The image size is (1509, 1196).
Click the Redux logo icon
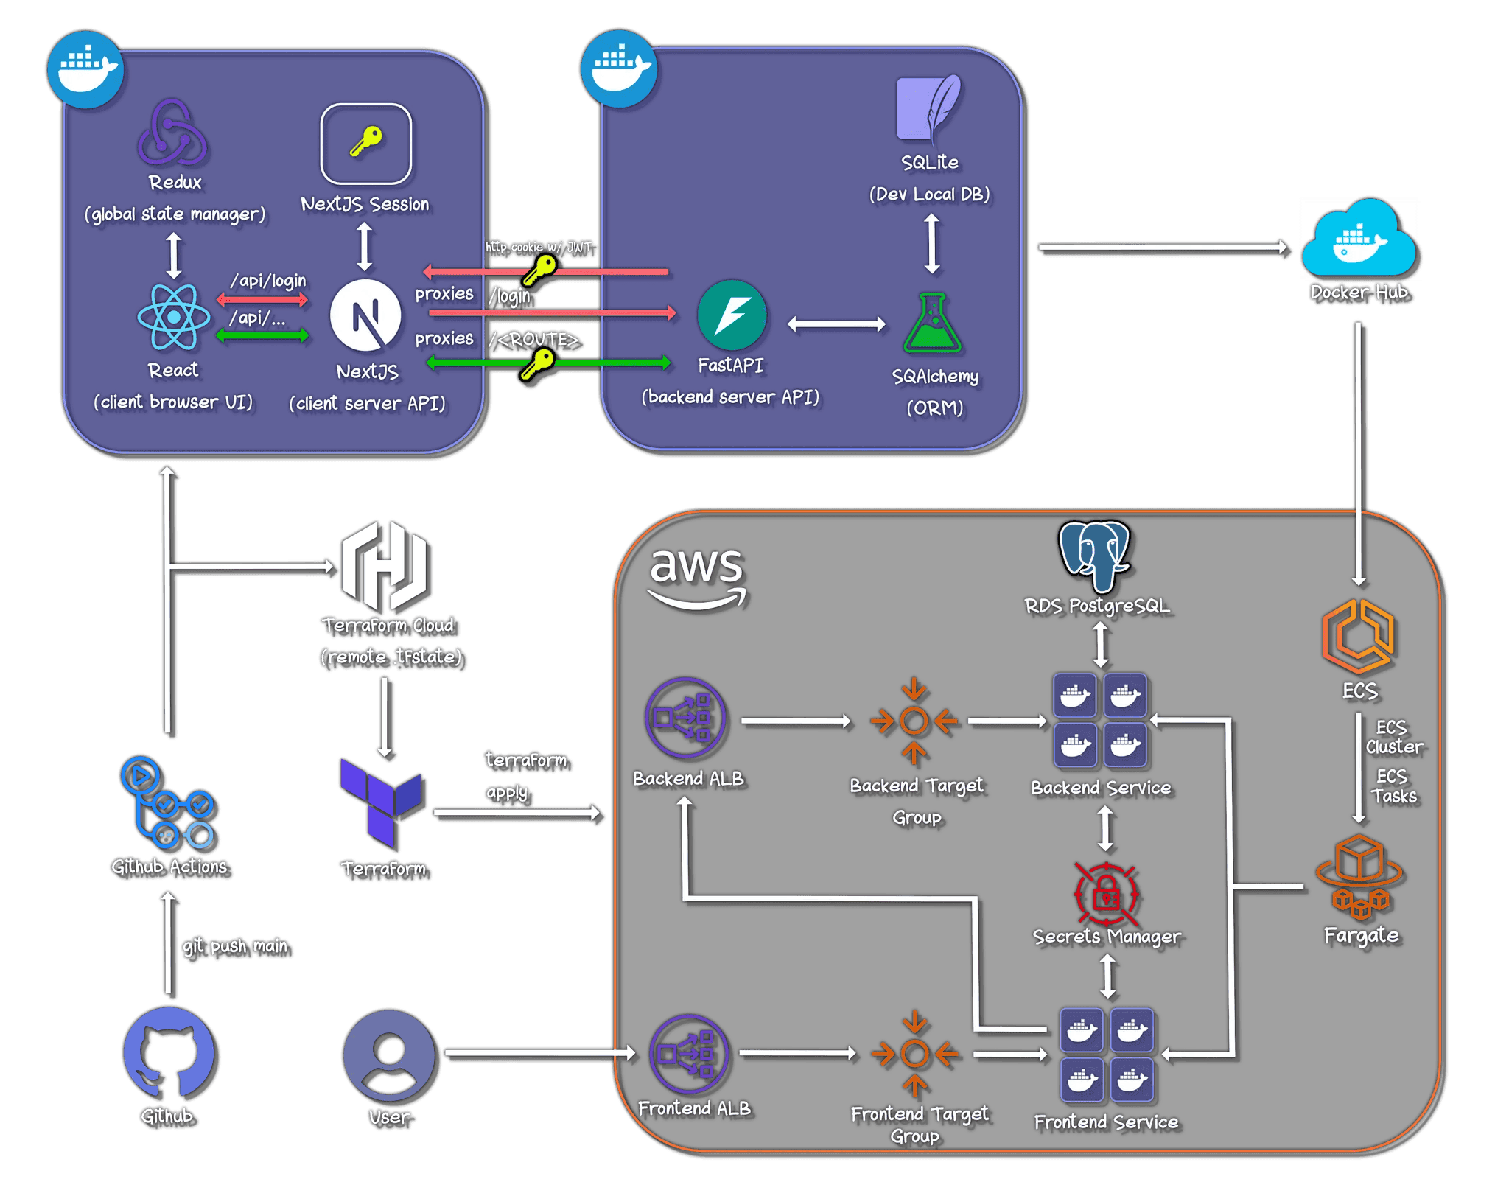(172, 133)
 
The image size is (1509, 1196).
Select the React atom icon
(173, 317)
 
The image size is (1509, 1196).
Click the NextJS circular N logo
(365, 315)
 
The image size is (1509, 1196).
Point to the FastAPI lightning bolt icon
(731, 315)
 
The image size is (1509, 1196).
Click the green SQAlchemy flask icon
(932, 324)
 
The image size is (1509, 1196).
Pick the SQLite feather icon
(928, 108)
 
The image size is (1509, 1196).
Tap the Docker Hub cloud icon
(1359, 239)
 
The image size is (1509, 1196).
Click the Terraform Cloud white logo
(385, 566)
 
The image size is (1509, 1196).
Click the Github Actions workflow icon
(167, 803)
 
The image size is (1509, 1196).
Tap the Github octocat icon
(169, 1055)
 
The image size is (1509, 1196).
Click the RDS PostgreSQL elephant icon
(1094, 556)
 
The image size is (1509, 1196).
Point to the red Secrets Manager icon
(1105, 894)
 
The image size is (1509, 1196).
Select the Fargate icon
(1359, 877)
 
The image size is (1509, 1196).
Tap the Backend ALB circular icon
(685, 718)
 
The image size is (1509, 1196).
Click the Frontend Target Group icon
(914, 1054)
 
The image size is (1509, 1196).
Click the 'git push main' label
(235, 946)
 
